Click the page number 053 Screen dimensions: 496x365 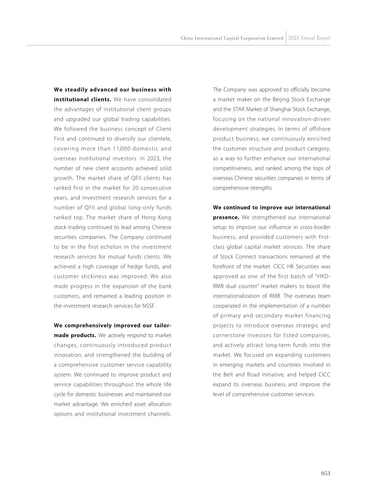[x=325, y=473]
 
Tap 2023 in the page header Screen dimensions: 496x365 [x=294, y=38]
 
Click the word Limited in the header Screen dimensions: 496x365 [x=275, y=38]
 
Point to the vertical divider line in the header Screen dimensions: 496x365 [x=286, y=38]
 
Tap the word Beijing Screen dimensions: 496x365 [x=281, y=100]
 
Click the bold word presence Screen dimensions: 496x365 [x=226, y=217]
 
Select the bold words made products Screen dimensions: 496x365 [x=75, y=335]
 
